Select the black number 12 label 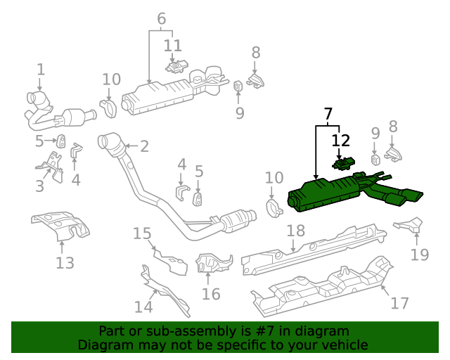click(x=340, y=141)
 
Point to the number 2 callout click(x=144, y=146)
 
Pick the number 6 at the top click(x=162, y=19)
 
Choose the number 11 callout click(x=173, y=46)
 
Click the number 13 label click(x=65, y=263)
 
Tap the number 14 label click(x=143, y=307)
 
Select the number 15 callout click(x=142, y=233)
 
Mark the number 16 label click(x=211, y=293)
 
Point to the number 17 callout click(x=399, y=303)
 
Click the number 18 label click(x=295, y=231)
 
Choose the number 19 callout click(x=420, y=254)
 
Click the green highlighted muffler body click(x=323, y=193)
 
